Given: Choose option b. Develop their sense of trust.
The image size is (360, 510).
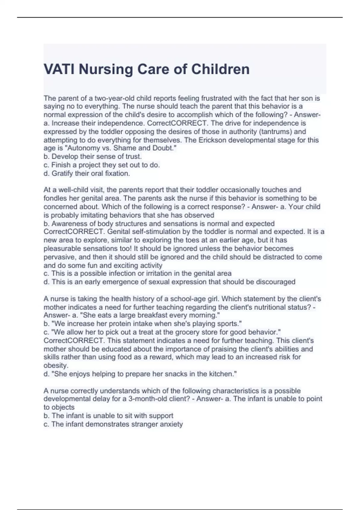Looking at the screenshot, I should (93, 156).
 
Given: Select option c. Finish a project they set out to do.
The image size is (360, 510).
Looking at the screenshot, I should (102, 165).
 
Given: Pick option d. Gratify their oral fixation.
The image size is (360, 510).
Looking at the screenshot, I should (87, 173).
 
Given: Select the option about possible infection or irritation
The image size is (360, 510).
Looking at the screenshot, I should (138, 273).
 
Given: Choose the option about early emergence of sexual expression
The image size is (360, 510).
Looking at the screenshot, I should (169, 282).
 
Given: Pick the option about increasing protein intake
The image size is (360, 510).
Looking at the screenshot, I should (142, 324).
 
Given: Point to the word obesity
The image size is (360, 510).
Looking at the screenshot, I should (56, 365).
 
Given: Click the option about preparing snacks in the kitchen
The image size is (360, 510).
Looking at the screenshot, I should (140, 374).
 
